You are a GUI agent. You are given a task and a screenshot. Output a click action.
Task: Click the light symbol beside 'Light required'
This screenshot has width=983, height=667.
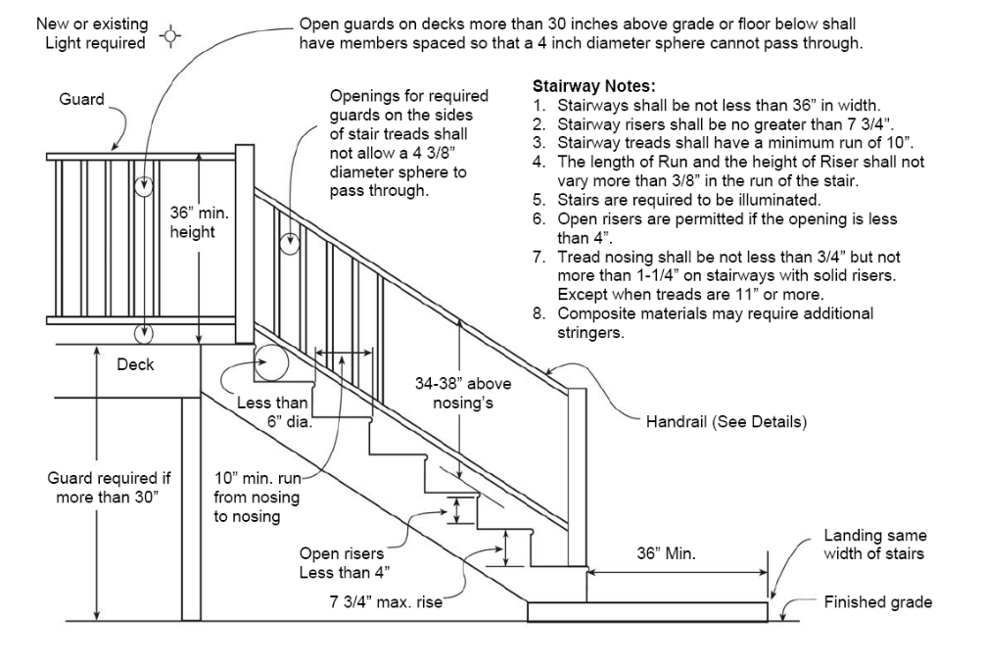174,38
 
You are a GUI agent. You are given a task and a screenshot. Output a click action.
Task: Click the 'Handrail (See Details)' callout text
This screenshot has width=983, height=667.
726,423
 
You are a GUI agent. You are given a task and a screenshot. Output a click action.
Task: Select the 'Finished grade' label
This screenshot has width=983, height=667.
878,602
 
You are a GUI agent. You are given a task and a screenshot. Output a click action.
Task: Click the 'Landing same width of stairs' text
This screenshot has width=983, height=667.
873,546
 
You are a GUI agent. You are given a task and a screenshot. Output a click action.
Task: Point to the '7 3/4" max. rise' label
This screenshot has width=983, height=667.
384,602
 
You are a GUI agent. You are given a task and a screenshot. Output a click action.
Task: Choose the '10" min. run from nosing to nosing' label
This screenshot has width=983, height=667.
257,498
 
